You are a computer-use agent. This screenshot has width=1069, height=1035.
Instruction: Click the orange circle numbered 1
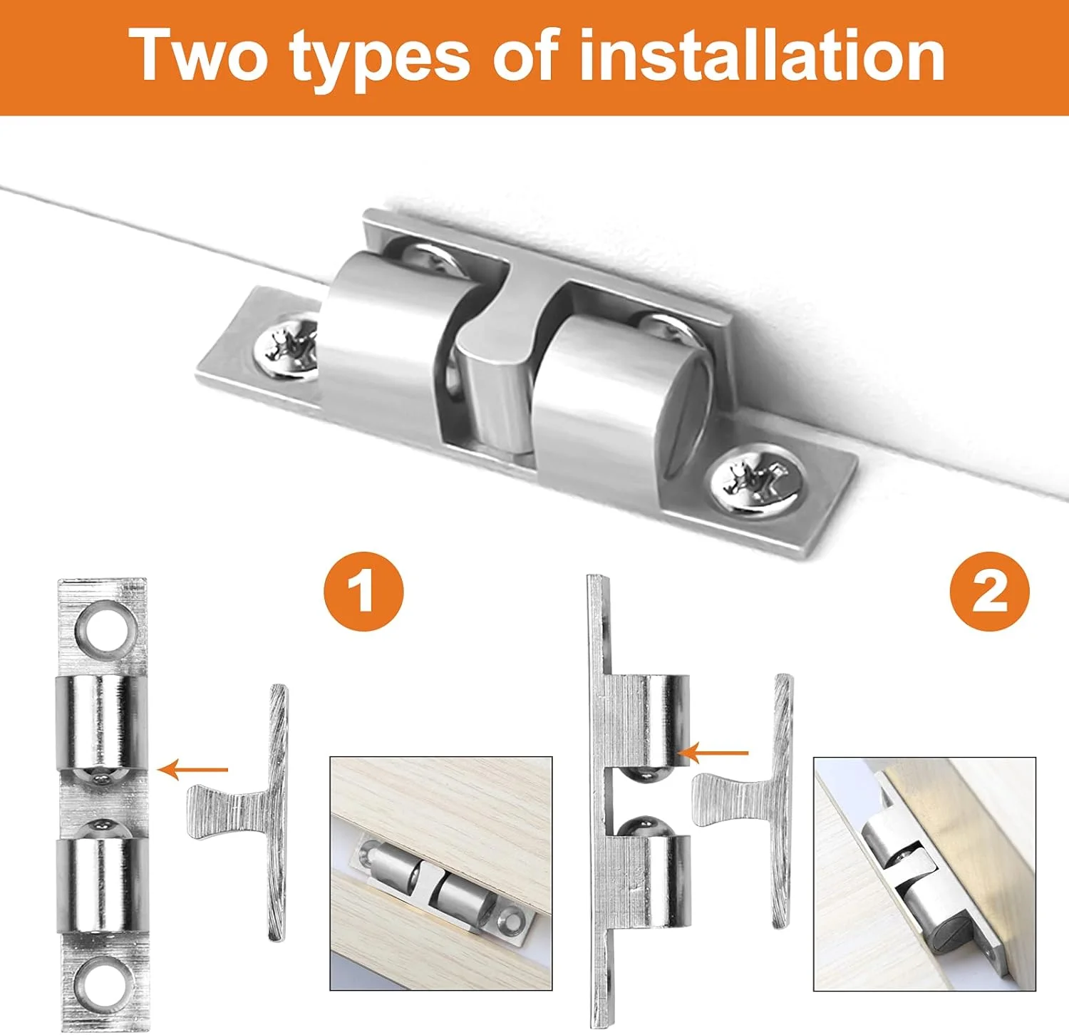point(363,592)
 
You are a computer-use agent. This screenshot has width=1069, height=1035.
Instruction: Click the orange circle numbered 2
point(990,592)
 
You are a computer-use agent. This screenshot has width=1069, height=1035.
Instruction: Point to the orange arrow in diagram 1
point(192,769)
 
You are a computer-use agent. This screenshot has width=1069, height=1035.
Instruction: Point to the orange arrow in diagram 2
point(713,752)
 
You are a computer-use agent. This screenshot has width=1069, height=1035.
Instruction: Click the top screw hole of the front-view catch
point(104,627)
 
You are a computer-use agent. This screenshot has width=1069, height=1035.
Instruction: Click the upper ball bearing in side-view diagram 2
point(646,771)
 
